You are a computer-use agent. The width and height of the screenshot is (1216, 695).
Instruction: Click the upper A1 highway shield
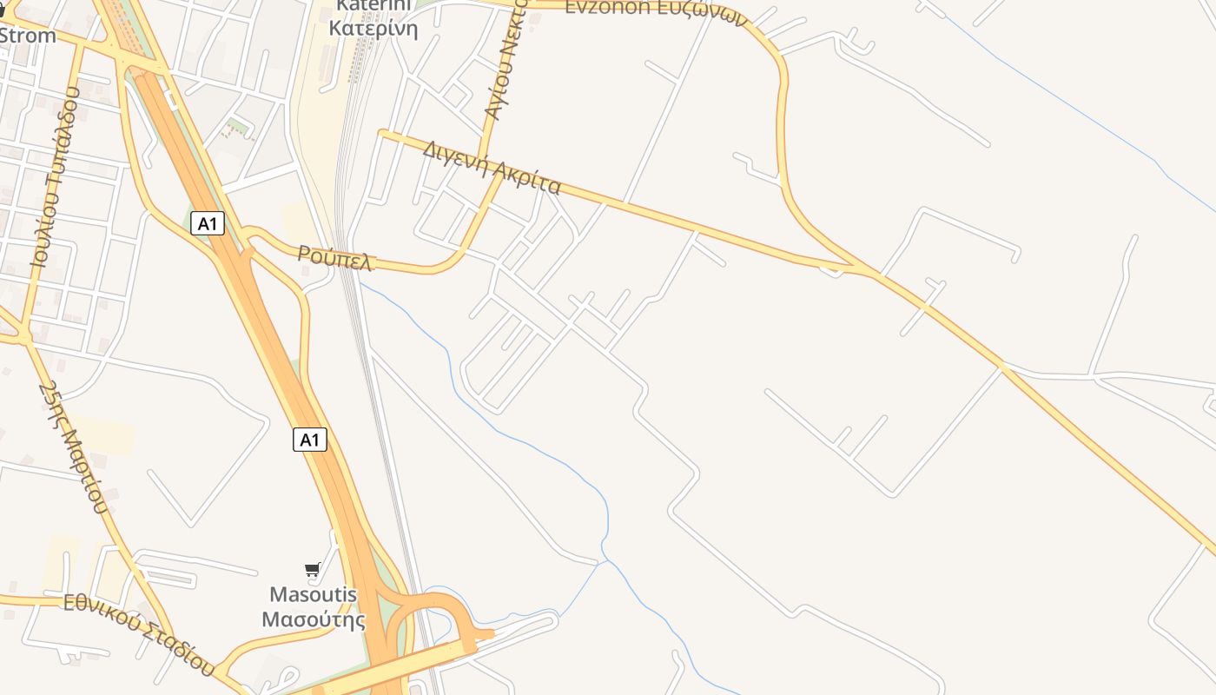[x=208, y=224]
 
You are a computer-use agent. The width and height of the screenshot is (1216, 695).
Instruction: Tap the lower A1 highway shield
[x=310, y=440]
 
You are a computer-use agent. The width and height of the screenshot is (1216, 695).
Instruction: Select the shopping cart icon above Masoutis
[x=313, y=570]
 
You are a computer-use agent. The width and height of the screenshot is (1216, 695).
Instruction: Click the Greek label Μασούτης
[x=314, y=620]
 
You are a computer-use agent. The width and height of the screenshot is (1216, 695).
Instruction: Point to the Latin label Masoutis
[x=313, y=595]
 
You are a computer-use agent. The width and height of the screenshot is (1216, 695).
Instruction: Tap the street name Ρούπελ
[x=335, y=257]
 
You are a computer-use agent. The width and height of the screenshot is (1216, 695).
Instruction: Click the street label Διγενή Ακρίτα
[x=492, y=168]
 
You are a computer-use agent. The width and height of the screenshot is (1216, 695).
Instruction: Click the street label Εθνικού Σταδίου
[x=139, y=632]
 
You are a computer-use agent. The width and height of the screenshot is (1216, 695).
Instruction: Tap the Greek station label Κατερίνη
[x=373, y=29]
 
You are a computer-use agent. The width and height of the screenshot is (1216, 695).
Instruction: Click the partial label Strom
[x=28, y=36]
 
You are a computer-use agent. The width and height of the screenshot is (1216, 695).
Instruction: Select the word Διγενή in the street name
[x=454, y=157]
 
